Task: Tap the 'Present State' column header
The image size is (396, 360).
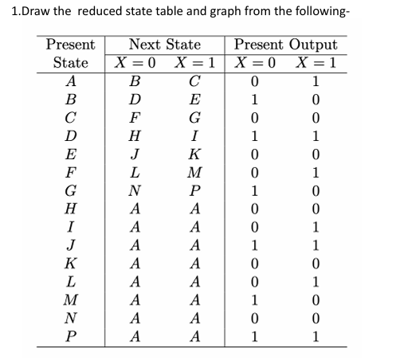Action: point(71,53)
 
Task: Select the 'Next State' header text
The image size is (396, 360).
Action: point(164,45)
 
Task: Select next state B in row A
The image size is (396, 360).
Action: point(135,80)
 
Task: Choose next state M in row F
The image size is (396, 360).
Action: point(194,177)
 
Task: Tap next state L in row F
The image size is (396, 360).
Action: point(135,177)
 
